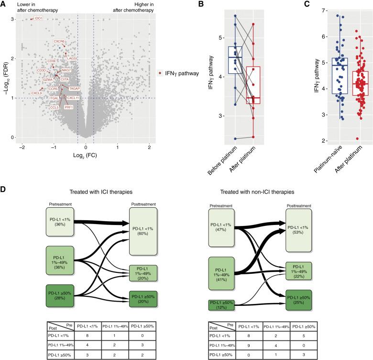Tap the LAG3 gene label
click(x=71, y=58)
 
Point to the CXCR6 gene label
click(x=59, y=42)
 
